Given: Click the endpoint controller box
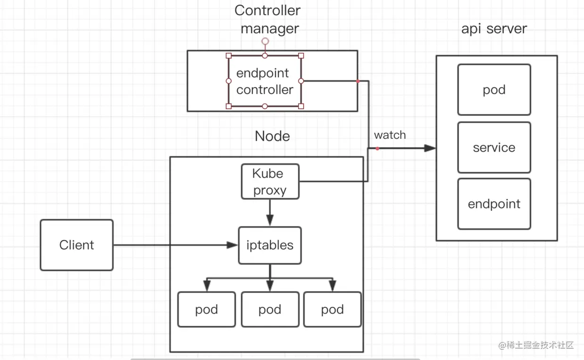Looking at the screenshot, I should [265, 81].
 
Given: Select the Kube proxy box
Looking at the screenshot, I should [270, 182].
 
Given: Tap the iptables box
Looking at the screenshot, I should [270, 245].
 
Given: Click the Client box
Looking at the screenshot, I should [77, 245].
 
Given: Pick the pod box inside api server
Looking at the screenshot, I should [494, 90].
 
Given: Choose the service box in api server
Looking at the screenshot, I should [494, 148].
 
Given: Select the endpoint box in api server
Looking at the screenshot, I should [494, 204].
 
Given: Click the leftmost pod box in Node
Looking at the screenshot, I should [206, 310].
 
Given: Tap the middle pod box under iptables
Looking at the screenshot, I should [270, 310].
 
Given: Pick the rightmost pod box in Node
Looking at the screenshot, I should [333, 310].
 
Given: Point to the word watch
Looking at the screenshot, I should [390, 136].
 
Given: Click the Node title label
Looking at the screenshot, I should [272, 136].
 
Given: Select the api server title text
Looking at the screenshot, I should [494, 29].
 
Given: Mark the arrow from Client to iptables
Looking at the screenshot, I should [174, 245].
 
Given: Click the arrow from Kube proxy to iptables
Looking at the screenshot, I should [270, 213].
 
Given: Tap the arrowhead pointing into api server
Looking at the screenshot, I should [430, 148].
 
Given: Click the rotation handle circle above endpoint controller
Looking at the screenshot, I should [265, 41].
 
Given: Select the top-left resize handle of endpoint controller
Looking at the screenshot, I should [229, 56].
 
